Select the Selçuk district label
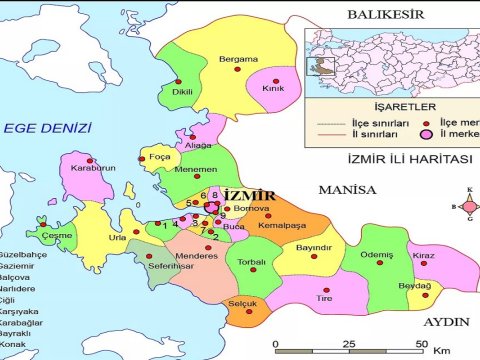(243, 304)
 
